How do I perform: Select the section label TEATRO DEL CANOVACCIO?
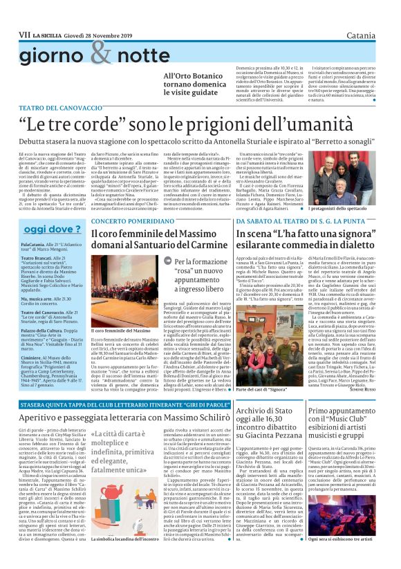(59, 109)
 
